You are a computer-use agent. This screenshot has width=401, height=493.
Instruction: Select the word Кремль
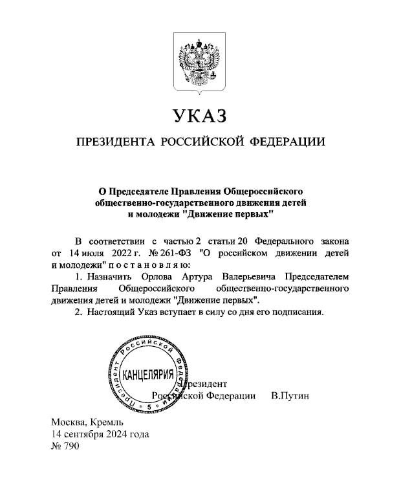(x=107, y=422)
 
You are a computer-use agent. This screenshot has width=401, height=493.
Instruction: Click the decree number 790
(x=70, y=446)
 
